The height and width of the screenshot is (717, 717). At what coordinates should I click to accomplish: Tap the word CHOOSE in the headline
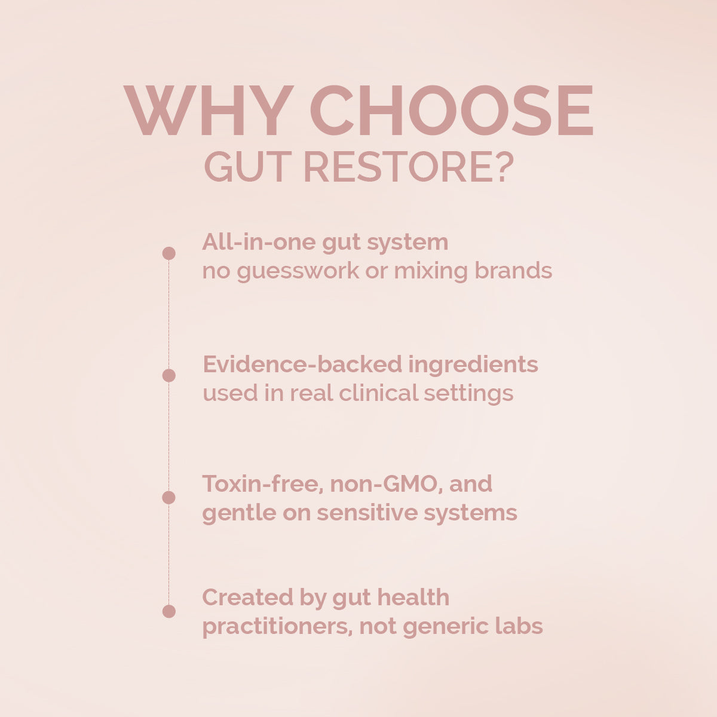pyautogui.click(x=451, y=110)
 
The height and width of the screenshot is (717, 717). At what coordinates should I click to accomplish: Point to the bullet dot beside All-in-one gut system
pyautogui.click(x=169, y=253)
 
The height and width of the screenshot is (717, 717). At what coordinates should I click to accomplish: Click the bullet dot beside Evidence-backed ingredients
pyautogui.click(x=169, y=375)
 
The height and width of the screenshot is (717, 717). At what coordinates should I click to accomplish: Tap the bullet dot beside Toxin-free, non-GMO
pyautogui.click(x=169, y=498)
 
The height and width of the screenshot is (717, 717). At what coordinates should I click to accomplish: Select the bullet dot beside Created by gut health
pyautogui.click(x=169, y=611)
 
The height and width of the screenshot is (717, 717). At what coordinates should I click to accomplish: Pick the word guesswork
pyautogui.click(x=298, y=272)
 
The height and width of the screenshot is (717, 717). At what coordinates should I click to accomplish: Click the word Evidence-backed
pyautogui.click(x=302, y=364)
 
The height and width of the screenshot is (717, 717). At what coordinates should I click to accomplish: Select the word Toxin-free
pyautogui.click(x=263, y=485)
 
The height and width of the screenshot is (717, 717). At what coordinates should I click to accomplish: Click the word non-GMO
pyautogui.click(x=387, y=485)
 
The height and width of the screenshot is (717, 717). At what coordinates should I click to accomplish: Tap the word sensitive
pyautogui.click(x=367, y=513)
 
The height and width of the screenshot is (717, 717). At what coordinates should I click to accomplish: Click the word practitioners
pyautogui.click(x=277, y=627)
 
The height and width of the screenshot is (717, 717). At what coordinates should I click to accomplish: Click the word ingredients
pyautogui.click(x=473, y=365)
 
